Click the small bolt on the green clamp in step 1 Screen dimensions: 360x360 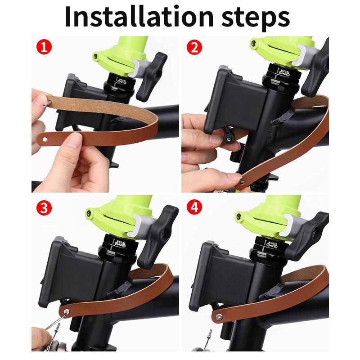point(96,56)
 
